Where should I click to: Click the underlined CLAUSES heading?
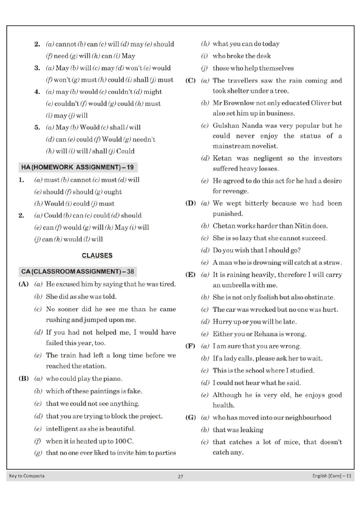coord(97,255)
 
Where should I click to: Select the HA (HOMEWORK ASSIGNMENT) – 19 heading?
coord(77,167)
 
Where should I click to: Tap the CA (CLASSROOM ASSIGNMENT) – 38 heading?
coord(77,271)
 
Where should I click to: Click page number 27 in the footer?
coord(180,476)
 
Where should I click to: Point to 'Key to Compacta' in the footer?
coord(27,476)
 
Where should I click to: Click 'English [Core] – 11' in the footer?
coord(332,476)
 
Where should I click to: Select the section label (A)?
coord(23,284)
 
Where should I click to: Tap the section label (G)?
coord(190,417)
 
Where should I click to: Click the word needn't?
coord(144,139)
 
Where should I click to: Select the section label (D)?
coord(190,203)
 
